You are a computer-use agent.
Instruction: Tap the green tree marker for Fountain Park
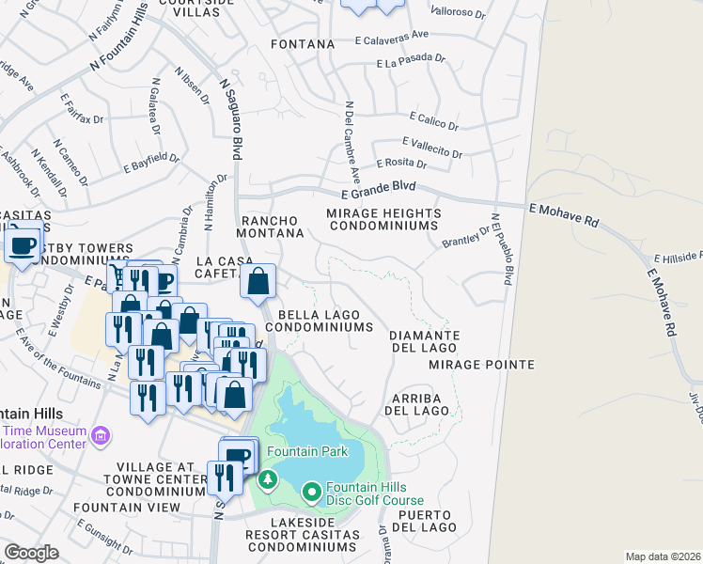coord(269,481)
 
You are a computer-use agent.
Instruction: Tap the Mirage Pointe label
coord(481,364)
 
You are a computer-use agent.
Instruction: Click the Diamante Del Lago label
coord(424,341)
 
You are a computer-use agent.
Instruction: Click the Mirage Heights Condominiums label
coord(382,220)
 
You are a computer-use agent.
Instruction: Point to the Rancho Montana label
coord(273,226)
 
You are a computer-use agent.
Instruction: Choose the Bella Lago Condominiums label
coord(319,319)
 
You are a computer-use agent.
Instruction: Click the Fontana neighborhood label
coord(303,44)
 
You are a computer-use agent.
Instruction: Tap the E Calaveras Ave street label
coord(392,38)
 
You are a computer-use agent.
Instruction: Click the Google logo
coord(31,553)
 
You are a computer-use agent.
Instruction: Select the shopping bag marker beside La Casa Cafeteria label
coord(258,280)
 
